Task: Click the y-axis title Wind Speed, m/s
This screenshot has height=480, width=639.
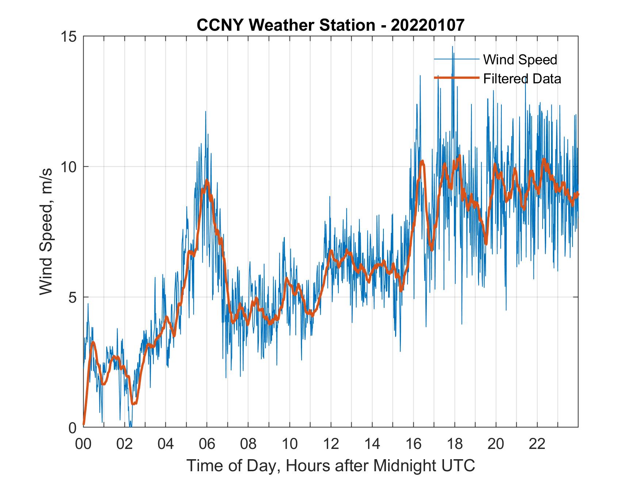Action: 46,231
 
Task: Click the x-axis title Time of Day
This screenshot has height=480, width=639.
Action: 331,465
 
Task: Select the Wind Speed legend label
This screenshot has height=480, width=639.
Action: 520,60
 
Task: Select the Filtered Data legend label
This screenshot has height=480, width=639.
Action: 522,79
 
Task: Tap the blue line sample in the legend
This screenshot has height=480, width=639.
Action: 456,59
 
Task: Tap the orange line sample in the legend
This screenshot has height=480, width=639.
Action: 456,78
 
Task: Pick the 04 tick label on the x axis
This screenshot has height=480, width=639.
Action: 166,445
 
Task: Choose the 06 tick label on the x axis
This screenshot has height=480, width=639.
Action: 207,445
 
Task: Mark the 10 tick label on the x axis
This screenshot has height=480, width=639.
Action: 290,445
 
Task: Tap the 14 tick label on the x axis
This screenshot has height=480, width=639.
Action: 372,445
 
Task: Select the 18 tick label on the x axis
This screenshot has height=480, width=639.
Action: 455,445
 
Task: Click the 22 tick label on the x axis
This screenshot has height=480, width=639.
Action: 537,445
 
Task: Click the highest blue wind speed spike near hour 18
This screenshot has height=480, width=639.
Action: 452,47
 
